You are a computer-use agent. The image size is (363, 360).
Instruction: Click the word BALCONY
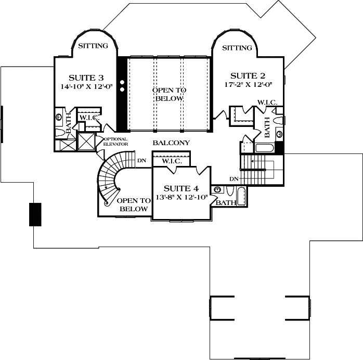pos(171,143)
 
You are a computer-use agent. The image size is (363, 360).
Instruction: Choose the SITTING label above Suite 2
pos(237,48)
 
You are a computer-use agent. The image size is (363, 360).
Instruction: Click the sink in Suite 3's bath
pos(59,118)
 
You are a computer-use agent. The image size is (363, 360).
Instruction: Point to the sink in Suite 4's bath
pos(217,189)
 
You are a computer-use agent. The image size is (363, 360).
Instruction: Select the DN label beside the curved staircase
pos(141,161)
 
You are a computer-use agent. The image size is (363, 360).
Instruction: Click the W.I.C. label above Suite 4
pos(171,161)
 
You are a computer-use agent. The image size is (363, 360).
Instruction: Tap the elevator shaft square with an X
pos(86,142)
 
